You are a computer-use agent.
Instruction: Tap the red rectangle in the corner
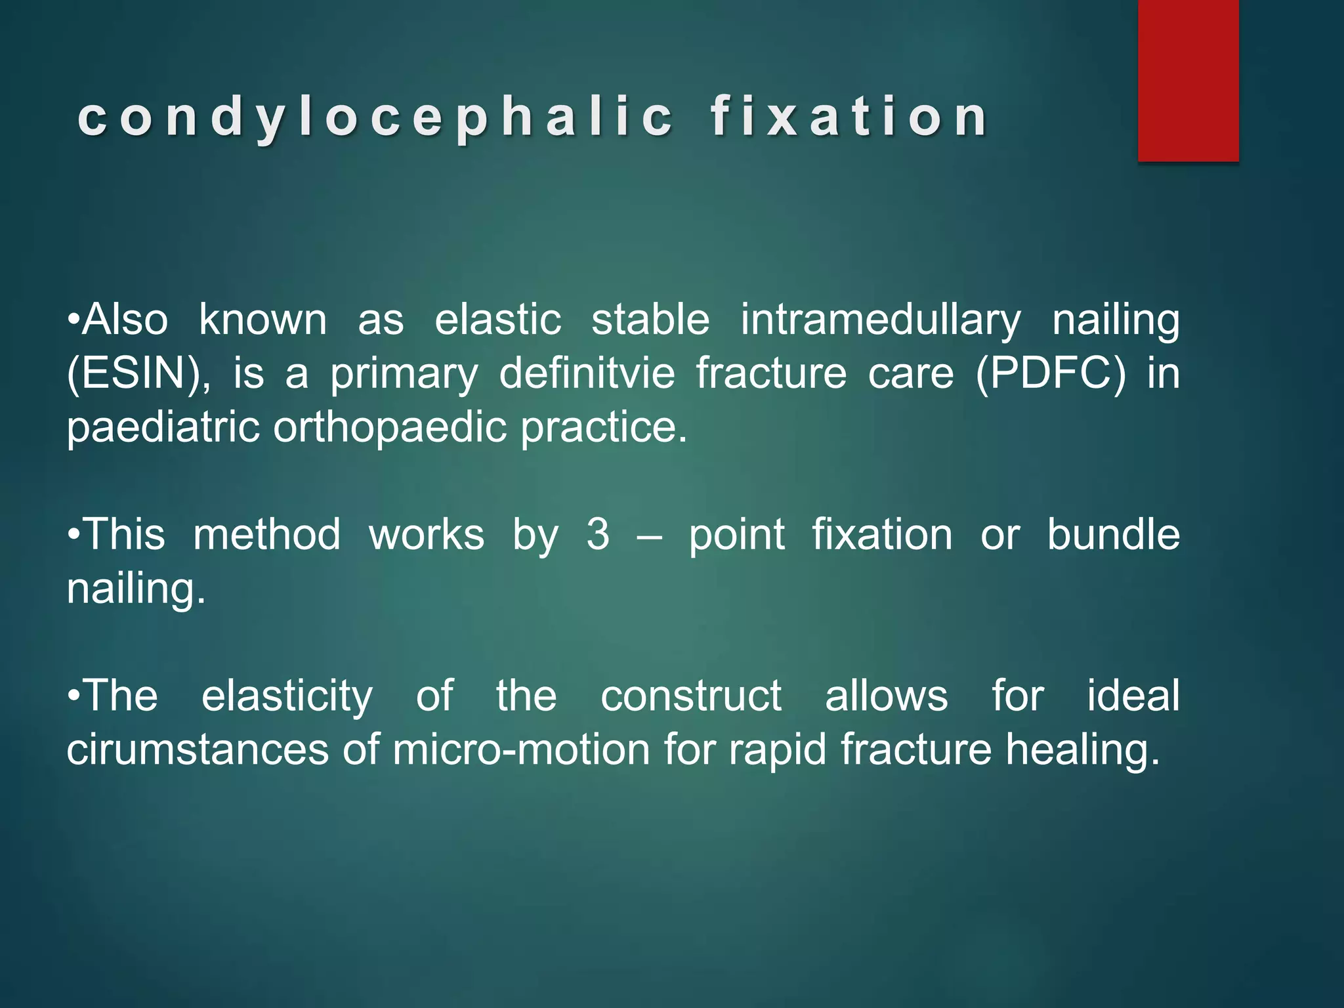pos(1188,80)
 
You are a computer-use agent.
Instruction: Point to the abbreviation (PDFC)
pos(1051,374)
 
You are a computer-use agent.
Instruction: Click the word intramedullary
pos(881,321)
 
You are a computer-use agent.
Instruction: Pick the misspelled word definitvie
pos(587,374)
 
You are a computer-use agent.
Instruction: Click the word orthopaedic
pos(390,428)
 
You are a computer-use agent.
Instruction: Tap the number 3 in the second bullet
pos(598,535)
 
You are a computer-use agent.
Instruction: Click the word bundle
pos(1113,535)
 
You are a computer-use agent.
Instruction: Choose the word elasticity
pos(287,696)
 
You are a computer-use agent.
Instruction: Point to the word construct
pos(690,696)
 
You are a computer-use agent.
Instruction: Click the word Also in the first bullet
pos(125,321)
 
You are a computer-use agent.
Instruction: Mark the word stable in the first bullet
pos(650,321)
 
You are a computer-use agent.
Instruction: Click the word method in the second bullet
pos(266,535)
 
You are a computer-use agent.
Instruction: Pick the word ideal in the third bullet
pos(1133,696)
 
